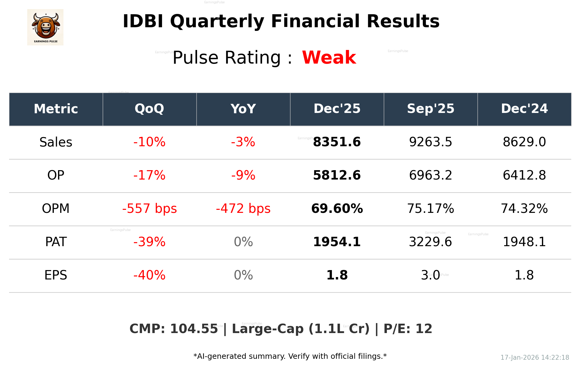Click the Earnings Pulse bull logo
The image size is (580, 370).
pos(45,27)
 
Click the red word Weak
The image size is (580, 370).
pos(329,58)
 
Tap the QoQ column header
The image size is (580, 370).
pos(149,109)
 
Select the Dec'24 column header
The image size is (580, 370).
pos(524,109)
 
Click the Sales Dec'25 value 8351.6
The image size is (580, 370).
pos(337,142)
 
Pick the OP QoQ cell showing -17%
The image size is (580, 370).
pos(149,175)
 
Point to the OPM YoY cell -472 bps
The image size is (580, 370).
pos(243,209)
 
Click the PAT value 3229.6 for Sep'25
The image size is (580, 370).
pos(430,242)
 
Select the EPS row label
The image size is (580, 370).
pos(56,275)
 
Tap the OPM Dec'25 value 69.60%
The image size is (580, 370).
pos(337,209)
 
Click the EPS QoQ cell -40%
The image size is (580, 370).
pos(149,275)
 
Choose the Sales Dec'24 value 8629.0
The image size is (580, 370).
pos(524,142)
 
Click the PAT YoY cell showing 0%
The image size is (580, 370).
pos(243,242)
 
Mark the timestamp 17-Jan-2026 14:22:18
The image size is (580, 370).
pos(534,358)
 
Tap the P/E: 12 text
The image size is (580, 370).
pos(408,329)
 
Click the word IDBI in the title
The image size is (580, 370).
pos(143,21)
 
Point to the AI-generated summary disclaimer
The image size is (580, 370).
pos(290,356)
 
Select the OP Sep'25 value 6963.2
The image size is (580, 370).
pos(430,175)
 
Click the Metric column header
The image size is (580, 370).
pos(56,109)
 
